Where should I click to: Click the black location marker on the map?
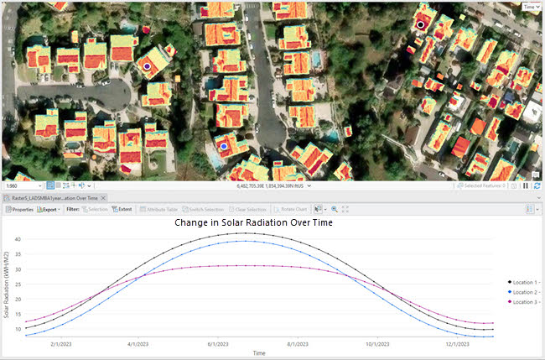421,25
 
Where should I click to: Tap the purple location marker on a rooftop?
147,65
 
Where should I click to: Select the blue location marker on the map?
223,146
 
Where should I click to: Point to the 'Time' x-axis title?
260,353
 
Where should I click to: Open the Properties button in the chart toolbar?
18,209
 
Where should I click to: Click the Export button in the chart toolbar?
48,209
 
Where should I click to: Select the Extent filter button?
122,209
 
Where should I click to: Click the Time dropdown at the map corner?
530,7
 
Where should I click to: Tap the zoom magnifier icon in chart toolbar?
335,209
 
